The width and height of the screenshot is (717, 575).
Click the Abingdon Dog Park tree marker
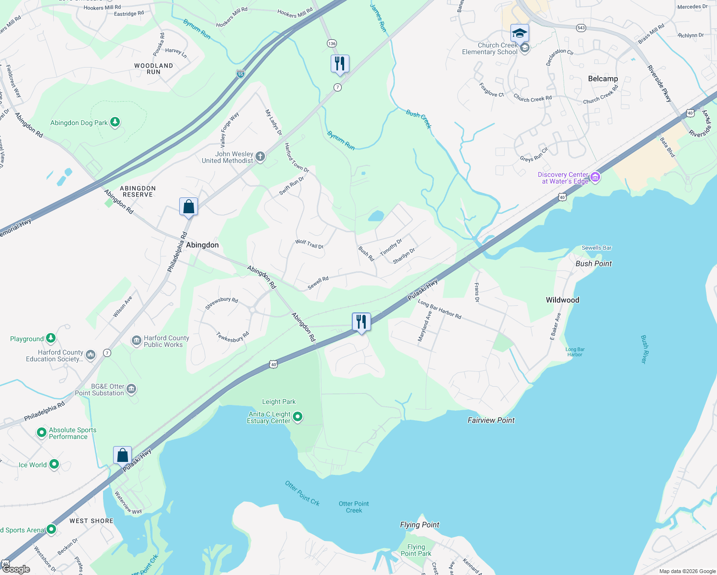(x=115, y=122)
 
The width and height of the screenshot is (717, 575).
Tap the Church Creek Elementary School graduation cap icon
(x=520, y=34)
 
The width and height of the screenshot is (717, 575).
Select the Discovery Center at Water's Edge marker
(x=595, y=177)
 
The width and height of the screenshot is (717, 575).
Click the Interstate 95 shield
(x=241, y=74)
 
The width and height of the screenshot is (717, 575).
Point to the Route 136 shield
(x=332, y=44)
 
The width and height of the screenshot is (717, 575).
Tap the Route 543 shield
(x=581, y=28)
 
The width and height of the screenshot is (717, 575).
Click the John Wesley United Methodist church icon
(x=260, y=157)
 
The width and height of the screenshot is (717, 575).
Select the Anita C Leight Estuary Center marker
(x=298, y=417)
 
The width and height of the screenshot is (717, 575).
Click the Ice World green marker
(x=54, y=464)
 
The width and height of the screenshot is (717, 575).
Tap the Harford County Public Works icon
(x=137, y=341)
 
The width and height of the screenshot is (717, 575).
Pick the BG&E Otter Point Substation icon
(x=131, y=389)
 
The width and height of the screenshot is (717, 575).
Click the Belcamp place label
(x=603, y=79)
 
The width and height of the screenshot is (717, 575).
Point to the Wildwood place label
(x=562, y=300)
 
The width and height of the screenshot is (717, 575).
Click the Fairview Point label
(x=491, y=420)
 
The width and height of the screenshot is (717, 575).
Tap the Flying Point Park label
(x=416, y=550)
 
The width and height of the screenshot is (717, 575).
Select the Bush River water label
(x=644, y=349)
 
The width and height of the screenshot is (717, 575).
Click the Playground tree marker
(x=51, y=338)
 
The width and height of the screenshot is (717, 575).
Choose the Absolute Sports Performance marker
(x=42, y=433)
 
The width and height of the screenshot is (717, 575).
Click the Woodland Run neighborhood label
(x=153, y=69)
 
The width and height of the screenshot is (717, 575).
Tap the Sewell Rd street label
(x=318, y=283)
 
